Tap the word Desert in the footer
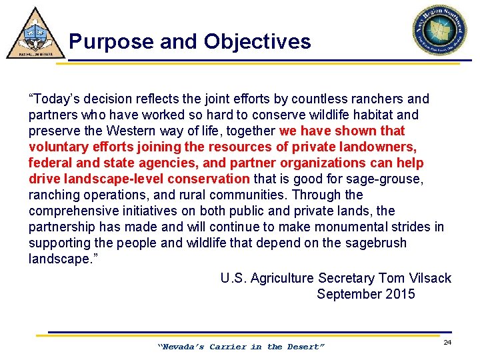[x=305, y=347]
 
